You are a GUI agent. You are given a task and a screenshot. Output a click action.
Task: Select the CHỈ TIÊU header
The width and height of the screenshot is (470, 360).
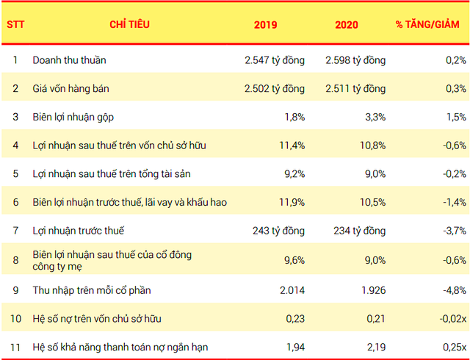click(129, 24)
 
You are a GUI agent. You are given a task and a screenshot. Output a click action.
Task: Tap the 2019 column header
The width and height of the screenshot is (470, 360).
click(265, 24)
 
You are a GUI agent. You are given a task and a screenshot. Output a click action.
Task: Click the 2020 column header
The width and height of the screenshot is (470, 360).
click(346, 24)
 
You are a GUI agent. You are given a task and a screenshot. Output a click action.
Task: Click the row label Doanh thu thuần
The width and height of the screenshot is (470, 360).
click(74, 60)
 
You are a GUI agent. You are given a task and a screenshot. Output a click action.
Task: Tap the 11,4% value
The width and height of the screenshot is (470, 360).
click(291, 145)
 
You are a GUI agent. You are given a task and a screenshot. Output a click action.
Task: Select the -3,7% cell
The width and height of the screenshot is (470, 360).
click(454, 231)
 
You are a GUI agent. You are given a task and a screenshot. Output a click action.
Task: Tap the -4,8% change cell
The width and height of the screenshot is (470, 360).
click(454, 289)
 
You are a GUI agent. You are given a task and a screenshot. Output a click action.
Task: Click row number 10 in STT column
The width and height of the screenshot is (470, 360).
click(15, 318)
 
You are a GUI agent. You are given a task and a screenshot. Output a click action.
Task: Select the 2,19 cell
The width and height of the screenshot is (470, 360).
click(375, 346)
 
